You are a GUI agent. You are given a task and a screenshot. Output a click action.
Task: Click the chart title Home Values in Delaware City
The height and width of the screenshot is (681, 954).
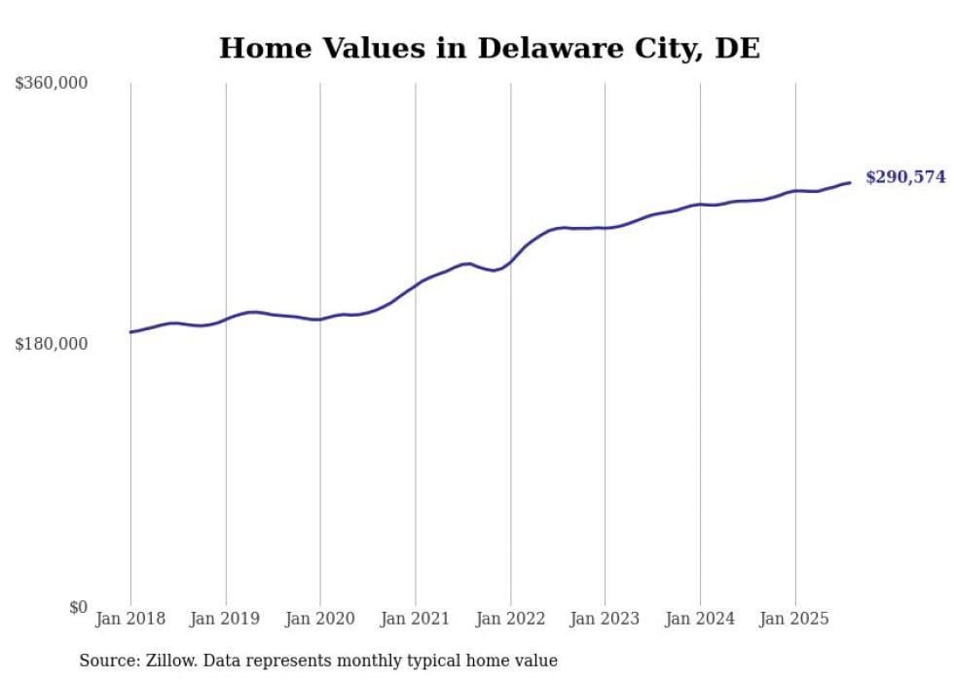tap(489, 48)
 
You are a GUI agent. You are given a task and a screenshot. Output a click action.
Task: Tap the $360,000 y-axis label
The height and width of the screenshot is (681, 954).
tap(52, 84)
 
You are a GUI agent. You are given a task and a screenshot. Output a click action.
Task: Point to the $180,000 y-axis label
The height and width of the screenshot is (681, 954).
tap(52, 344)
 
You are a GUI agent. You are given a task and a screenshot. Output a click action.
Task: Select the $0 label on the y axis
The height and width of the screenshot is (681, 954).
tap(78, 607)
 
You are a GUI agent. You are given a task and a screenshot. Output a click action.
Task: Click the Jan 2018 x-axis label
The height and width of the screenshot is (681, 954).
tap(130, 619)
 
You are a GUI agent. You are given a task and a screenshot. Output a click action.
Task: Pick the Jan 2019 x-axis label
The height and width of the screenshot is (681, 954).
tap(226, 619)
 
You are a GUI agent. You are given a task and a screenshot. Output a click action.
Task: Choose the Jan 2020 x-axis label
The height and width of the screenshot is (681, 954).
tap(320, 619)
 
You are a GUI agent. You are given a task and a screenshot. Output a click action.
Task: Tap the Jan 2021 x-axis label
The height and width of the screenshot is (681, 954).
tap(416, 619)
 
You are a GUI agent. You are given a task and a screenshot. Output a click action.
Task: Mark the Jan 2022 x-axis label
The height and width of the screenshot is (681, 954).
tap(510, 619)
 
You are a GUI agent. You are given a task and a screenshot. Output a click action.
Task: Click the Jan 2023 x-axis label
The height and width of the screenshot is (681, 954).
tap(605, 619)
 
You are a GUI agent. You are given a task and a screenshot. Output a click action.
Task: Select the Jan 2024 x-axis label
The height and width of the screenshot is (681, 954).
tap(700, 619)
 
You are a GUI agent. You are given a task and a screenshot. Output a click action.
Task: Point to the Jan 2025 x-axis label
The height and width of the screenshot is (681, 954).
tap(794, 619)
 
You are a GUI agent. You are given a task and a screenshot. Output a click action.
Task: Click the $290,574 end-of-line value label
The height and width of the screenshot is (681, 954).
tap(905, 177)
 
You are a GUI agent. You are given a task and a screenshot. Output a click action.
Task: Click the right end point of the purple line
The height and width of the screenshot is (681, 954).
tap(850, 182)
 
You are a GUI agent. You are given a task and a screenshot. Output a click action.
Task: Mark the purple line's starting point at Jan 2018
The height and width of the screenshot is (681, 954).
tap(130, 332)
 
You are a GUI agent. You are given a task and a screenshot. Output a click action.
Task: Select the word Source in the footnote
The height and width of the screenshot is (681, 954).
tap(107, 661)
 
